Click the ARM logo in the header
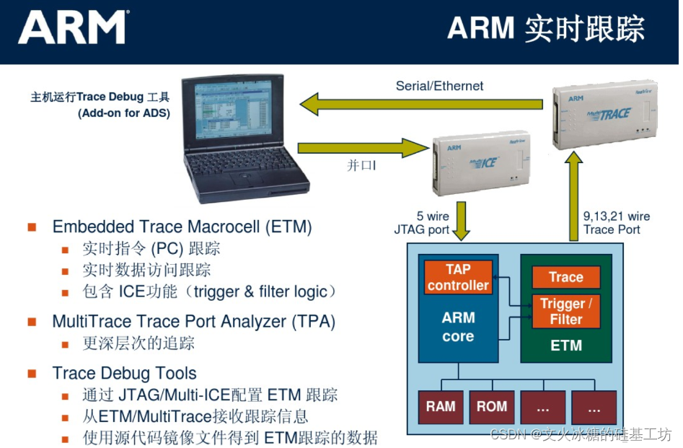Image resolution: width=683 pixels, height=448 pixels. [x=72, y=28]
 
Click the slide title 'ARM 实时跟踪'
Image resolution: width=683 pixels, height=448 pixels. [x=545, y=29]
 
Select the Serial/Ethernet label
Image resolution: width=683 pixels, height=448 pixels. [x=439, y=86]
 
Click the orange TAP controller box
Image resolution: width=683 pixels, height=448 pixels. [x=457, y=278]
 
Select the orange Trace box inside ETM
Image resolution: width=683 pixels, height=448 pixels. [x=565, y=277]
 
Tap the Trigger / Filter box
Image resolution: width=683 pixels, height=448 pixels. [x=565, y=311]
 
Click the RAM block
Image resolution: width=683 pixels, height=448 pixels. [x=440, y=407]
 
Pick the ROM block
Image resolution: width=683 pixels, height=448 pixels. [x=491, y=407]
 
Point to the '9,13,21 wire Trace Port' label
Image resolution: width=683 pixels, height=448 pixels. [x=616, y=223]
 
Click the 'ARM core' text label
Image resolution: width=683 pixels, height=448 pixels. [x=458, y=327]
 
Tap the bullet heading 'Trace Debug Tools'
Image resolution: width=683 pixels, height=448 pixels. [x=124, y=373]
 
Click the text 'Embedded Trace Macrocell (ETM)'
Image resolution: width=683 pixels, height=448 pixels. [x=182, y=227]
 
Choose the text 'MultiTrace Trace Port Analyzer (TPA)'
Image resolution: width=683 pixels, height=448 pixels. [x=193, y=321]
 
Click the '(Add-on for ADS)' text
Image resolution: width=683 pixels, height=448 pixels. [x=124, y=113]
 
